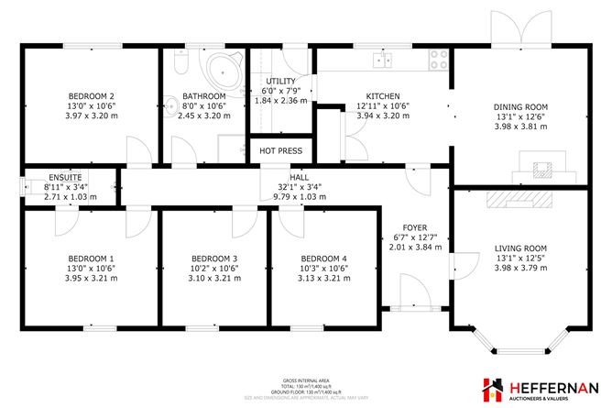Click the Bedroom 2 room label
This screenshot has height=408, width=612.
[x=92, y=95]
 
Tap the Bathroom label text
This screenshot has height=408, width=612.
[x=203, y=95]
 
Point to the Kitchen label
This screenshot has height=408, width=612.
[x=383, y=95]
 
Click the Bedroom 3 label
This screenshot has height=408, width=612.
[x=215, y=258]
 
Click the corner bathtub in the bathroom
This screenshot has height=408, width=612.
[x=221, y=67]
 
